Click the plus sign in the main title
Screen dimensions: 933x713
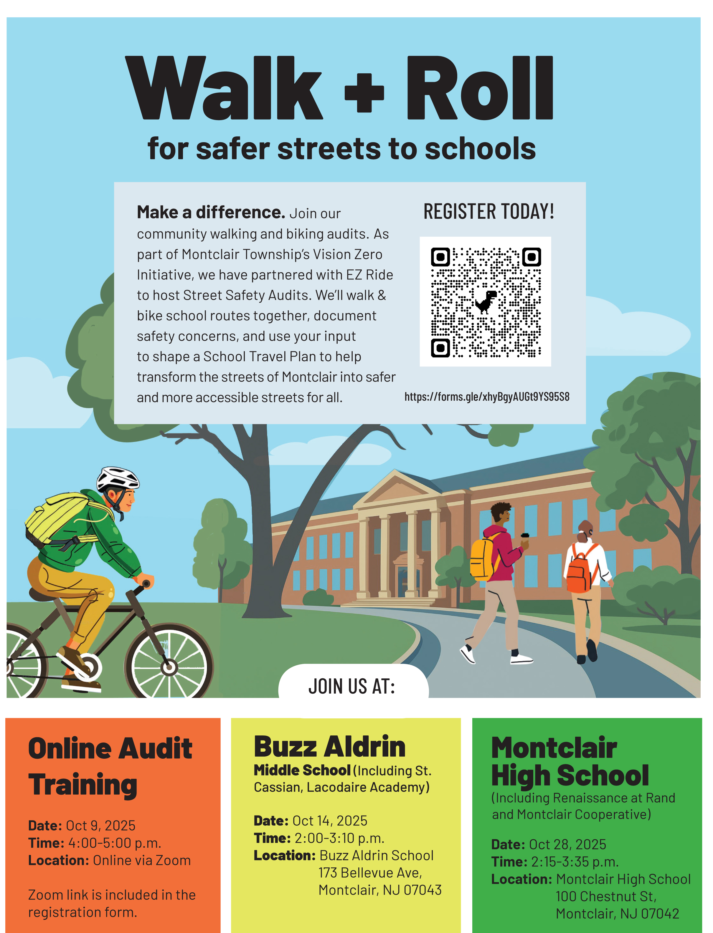[x=364, y=92]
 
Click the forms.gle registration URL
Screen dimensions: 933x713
[x=487, y=397]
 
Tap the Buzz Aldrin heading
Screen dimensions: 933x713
[x=329, y=747]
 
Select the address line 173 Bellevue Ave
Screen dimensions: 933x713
[x=370, y=872]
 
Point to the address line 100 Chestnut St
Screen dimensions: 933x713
[x=606, y=896]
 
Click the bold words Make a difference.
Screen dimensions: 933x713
[x=210, y=212]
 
